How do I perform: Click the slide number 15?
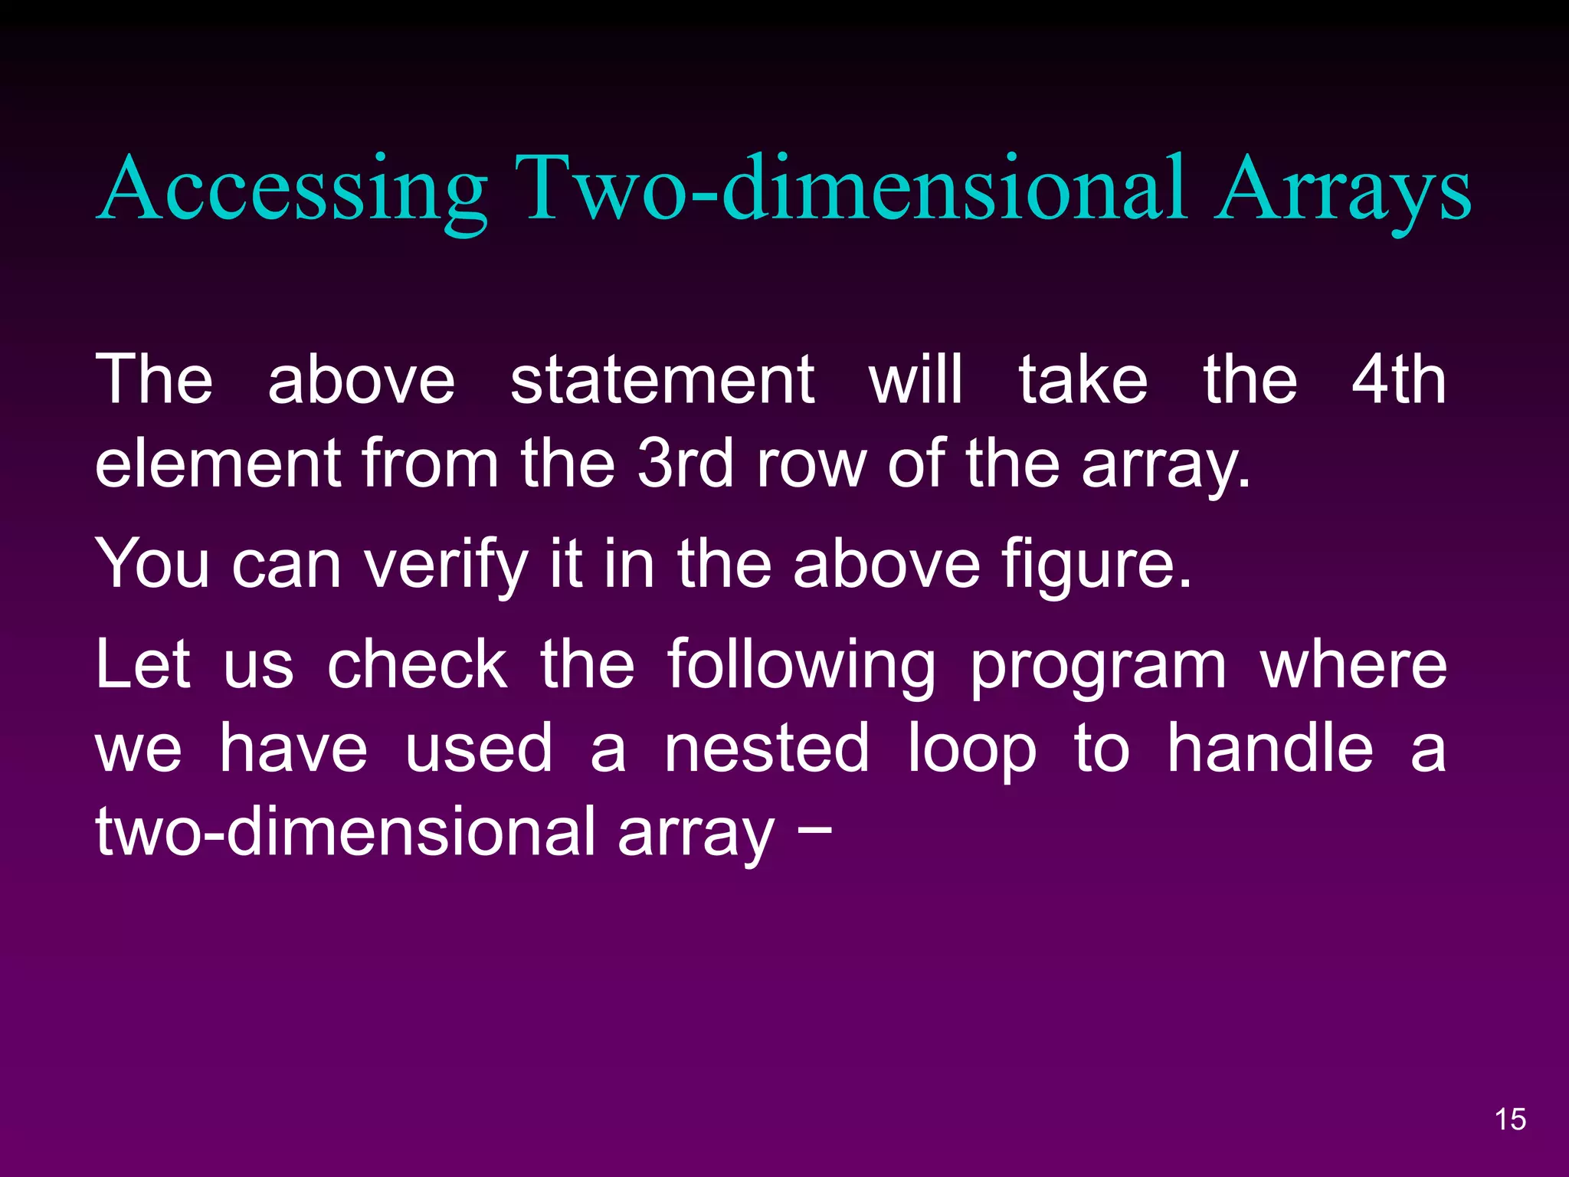(x=1510, y=1120)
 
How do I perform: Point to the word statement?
(x=662, y=380)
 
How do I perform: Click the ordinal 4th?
(x=1399, y=380)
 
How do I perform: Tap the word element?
(x=218, y=464)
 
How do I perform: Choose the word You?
(x=152, y=564)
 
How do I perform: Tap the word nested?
(x=766, y=749)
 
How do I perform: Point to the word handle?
(x=1270, y=749)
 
